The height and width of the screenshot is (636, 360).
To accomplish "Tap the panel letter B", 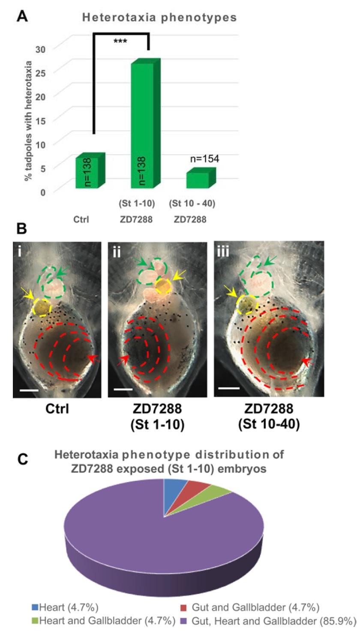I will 21,229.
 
